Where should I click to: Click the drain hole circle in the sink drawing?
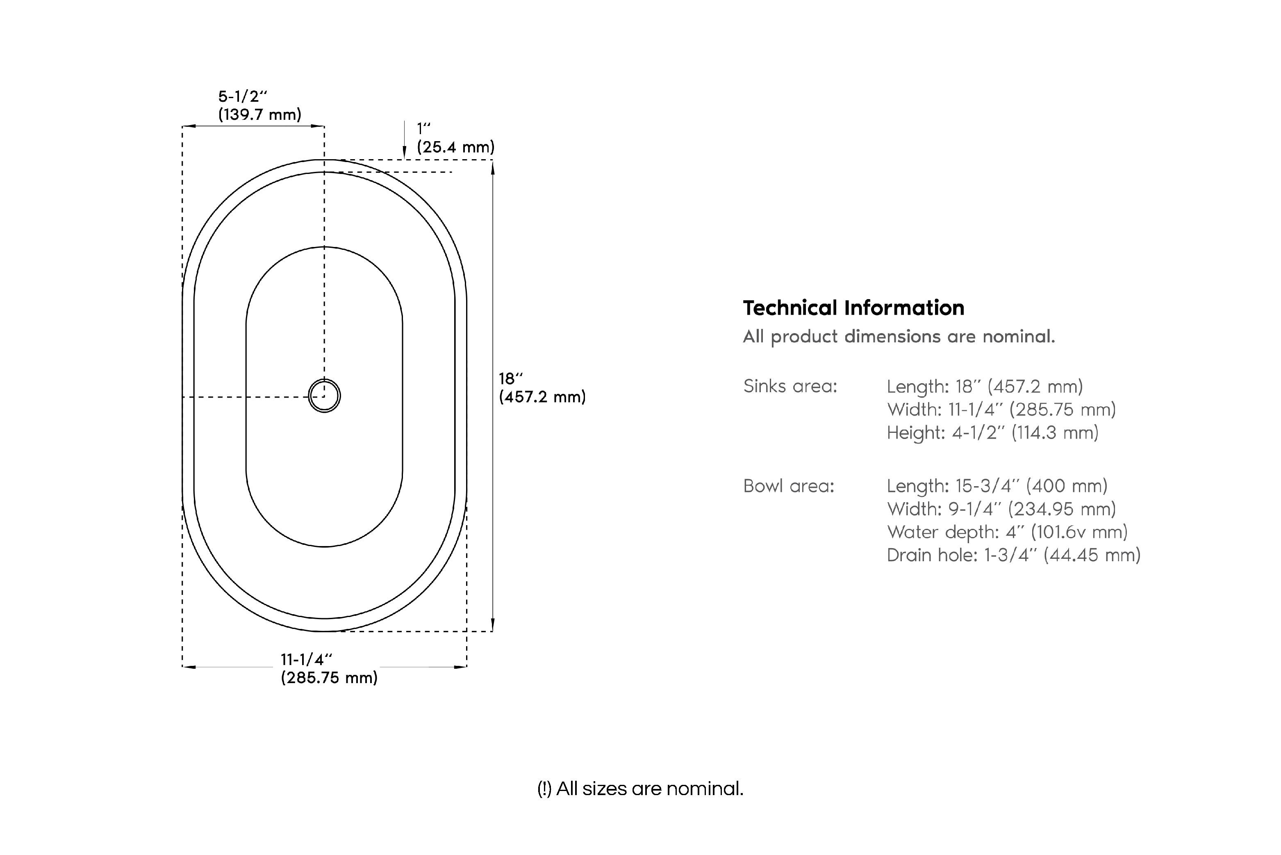click(324, 396)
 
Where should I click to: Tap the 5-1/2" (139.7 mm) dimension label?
click(259, 106)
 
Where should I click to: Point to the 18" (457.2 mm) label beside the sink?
click(542, 388)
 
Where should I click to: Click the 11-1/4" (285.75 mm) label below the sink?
click(329, 668)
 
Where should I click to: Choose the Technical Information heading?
click(853, 308)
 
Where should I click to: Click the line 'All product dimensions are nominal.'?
click(899, 336)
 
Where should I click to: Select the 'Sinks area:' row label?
click(790, 386)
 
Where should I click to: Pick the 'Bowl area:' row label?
click(788, 486)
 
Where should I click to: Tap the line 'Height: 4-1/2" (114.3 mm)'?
click(992, 433)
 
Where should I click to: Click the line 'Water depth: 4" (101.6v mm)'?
click(1007, 532)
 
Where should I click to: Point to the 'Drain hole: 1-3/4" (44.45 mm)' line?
click(1013, 555)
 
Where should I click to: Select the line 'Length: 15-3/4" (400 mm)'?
click(997, 486)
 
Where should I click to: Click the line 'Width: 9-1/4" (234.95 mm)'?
click(1001, 509)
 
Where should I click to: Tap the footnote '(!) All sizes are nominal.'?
click(640, 789)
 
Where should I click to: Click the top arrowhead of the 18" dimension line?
click(493, 167)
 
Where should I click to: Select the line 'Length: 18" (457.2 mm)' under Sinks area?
click(985, 386)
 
